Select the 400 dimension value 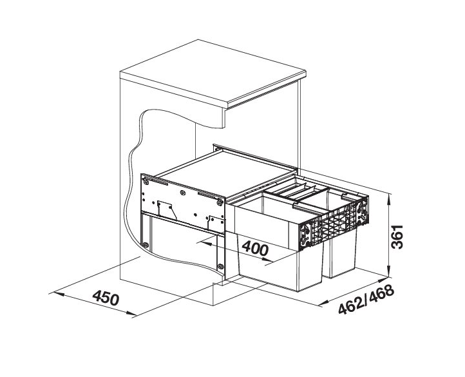point(256,248)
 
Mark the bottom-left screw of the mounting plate point(147,244)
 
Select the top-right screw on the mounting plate point(220,202)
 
